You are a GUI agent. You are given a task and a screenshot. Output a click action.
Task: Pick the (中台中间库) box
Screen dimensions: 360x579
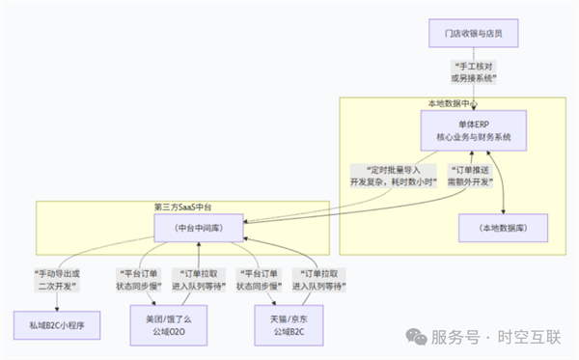200,228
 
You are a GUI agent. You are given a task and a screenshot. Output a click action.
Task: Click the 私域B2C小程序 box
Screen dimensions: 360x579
57,326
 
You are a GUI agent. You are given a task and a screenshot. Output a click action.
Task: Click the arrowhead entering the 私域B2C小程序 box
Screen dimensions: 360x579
57,309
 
